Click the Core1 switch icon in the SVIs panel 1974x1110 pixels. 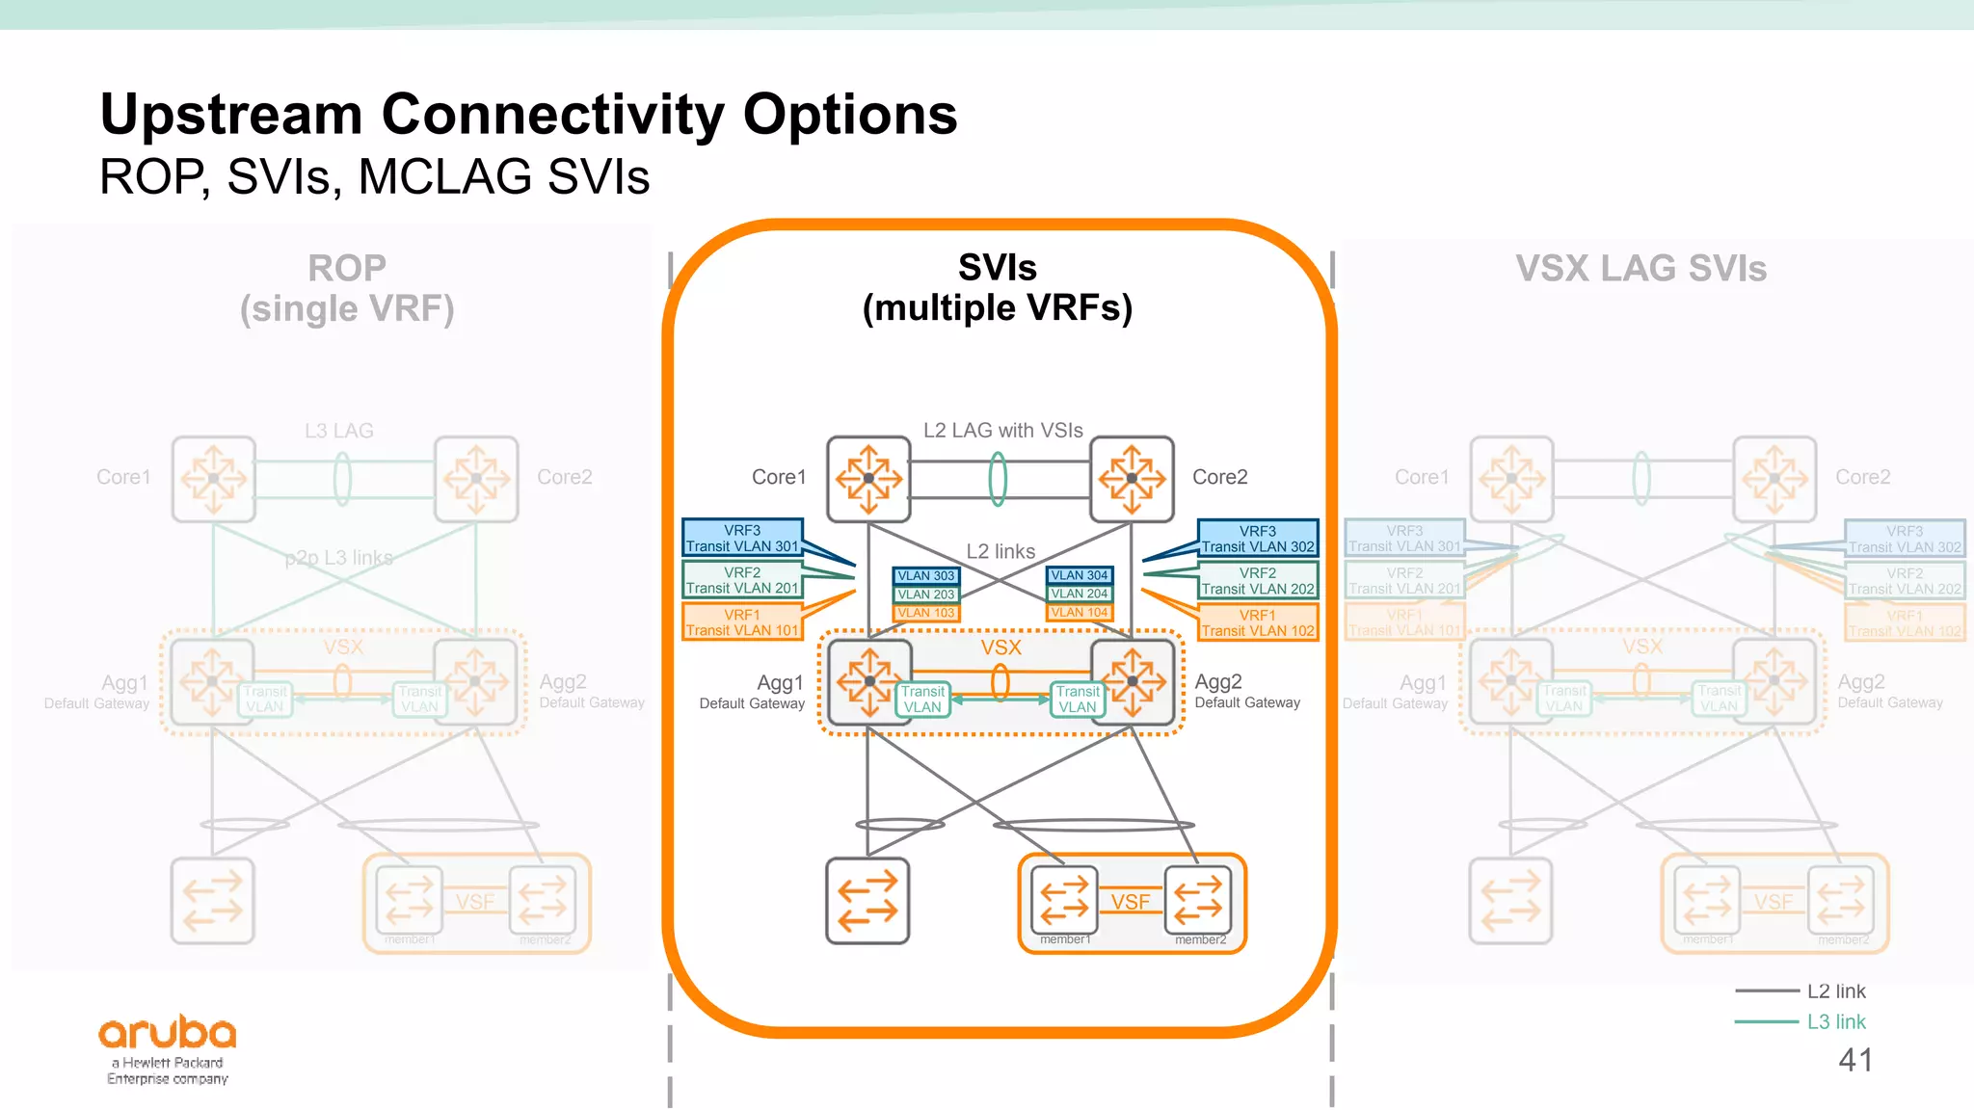[868, 479]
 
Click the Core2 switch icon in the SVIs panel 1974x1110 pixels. [1132, 479]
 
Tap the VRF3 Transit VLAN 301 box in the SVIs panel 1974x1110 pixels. [742, 538]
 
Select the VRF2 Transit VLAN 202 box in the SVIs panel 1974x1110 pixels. [1258, 581]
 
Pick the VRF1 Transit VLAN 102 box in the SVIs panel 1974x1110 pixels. [1258, 622]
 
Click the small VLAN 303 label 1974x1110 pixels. [925, 575]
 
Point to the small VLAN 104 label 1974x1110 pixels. [1080, 612]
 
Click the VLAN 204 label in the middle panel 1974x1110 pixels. [1080, 594]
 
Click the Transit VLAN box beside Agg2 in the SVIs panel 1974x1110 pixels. [1078, 700]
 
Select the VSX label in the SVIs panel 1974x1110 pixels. [1000, 647]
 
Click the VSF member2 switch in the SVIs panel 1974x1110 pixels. [1198, 899]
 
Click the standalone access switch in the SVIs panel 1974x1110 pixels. [867, 900]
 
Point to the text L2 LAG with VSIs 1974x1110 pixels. [1002, 430]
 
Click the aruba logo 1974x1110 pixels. [168, 1034]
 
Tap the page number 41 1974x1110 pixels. [1855, 1060]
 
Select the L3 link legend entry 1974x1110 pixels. [1835, 1021]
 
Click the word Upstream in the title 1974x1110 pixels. [231, 115]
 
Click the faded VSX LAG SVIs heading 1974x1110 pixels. [1641, 269]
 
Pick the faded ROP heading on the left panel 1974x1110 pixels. [347, 268]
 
